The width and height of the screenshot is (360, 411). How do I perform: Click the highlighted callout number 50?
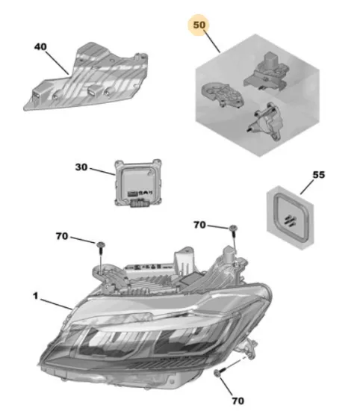click(199, 25)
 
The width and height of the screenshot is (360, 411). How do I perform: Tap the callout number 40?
click(40, 47)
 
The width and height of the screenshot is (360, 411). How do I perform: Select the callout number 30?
click(81, 167)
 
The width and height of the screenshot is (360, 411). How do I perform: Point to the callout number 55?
click(319, 175)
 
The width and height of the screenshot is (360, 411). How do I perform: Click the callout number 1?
click(35, 296)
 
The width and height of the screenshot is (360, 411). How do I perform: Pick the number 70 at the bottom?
click(238, 401)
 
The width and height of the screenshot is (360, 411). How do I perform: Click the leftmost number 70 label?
click(62, 236)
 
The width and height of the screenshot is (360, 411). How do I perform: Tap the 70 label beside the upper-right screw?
click(200, 225)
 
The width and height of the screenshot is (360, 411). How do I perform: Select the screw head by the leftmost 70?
click(100, 245)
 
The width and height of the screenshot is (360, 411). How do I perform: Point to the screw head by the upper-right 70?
click(233, 228)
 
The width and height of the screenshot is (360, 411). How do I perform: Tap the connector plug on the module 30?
click(138, 204)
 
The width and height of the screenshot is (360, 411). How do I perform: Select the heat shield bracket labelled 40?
click(87, 78)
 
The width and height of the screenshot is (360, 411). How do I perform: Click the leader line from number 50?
click(211, 41)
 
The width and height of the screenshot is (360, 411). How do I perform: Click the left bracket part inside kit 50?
click(222, 95)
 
